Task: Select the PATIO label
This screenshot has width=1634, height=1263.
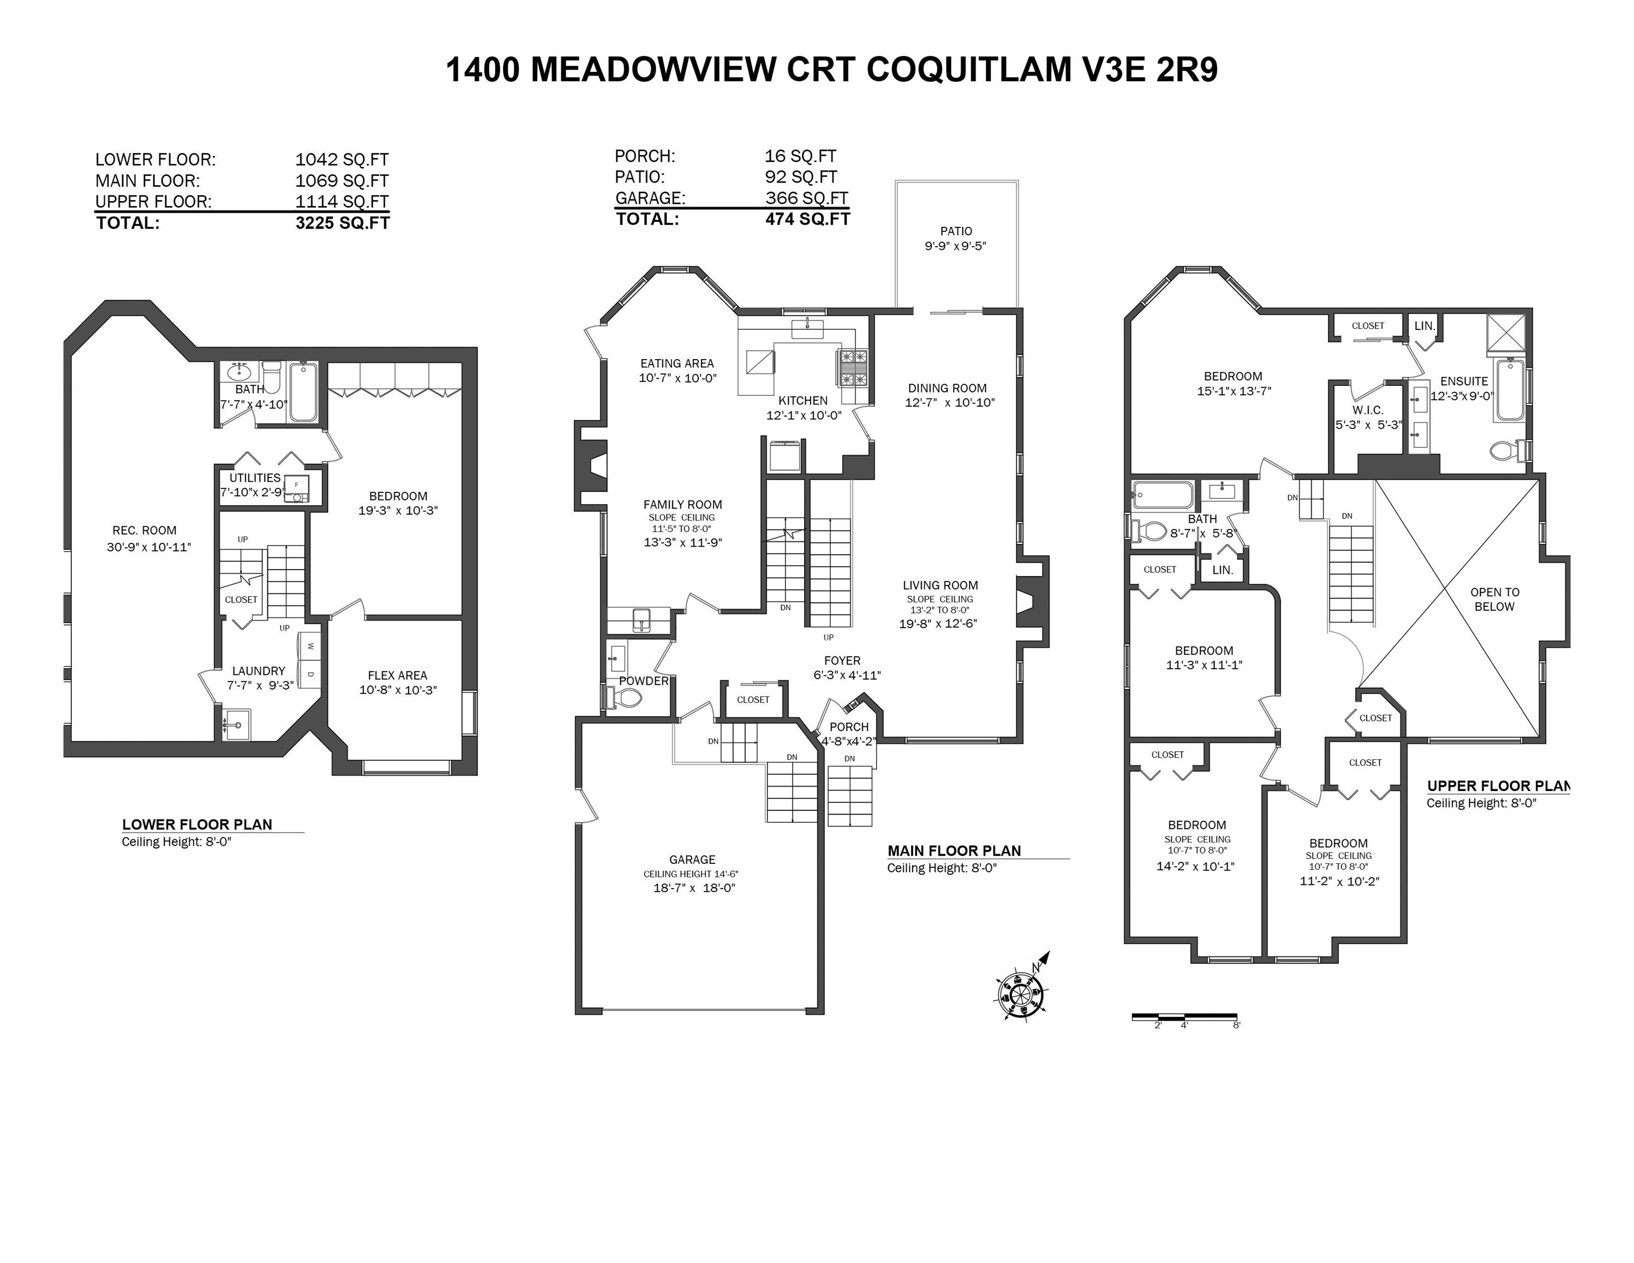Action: pyautogui.click(x=956, y=231)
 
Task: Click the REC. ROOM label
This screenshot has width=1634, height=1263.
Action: pyautogui.click(x=144, y=531)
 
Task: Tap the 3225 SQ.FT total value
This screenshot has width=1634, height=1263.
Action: pyautogui.click(x=342, y=223)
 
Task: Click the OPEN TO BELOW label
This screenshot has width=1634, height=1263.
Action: pyautogui.click(x=1494, y=599)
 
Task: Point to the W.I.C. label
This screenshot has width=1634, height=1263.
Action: pyautogui.click(x=1368, y=410)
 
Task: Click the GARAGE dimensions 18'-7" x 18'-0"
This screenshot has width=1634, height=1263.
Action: pyautogui.click(x=693, y=888)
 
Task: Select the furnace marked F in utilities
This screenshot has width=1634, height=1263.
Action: pyautogui.click(x=297, y=485)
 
